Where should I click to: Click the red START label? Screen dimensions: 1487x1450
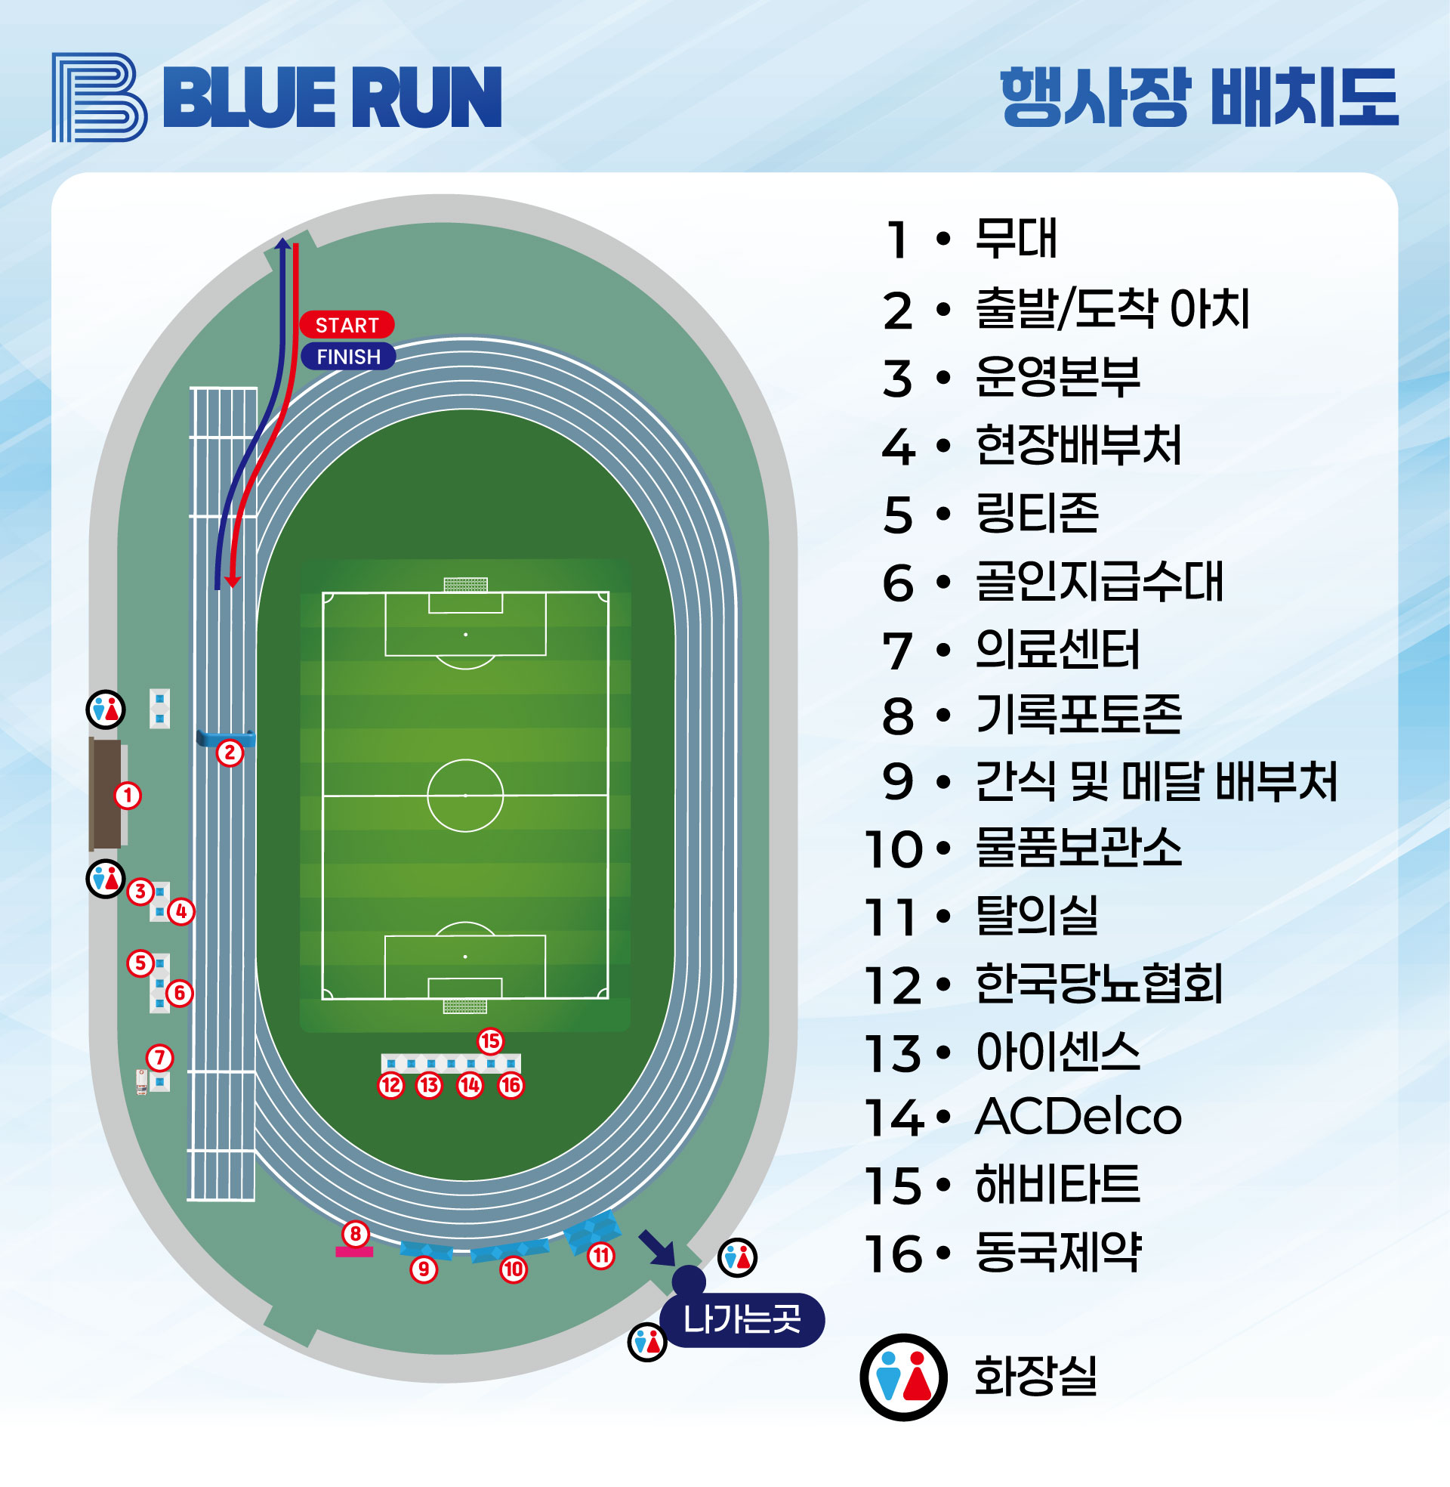(x=347, y=325)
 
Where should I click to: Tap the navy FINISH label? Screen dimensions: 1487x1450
(x=348, y=357)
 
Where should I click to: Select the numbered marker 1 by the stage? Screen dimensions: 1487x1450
(x=128, y=796)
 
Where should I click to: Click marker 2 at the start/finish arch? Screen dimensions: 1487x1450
(x=230, y=753)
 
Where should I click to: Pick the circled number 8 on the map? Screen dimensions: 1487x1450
(x=356, y=1233)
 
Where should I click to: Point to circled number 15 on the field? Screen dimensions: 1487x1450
(x=490, y=1040)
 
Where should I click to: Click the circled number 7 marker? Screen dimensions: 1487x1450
(x=160, y=1057)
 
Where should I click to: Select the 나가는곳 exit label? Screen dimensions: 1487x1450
(x=742, y=1319)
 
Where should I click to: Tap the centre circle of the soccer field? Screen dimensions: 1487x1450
(x=465, y=796)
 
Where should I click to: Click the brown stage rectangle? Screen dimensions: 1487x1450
(x=105, y=794)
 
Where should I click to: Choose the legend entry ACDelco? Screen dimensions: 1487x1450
(x=1078, y=1118)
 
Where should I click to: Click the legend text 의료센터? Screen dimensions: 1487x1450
(x=1057, y=650)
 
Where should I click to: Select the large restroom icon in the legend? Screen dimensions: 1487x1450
(x=903, y=1377)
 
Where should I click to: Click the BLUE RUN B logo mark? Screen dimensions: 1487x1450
(x=99, y=97)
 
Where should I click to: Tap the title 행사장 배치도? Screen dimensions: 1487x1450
(x=1199, y=97)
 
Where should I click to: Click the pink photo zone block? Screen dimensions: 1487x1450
(x=354, y=1251)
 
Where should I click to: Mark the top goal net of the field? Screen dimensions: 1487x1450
(x=465, y=584)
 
